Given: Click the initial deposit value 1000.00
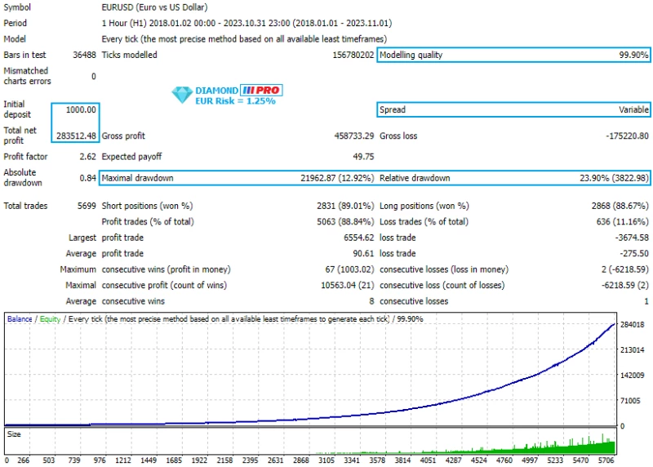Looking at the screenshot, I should point(80,109).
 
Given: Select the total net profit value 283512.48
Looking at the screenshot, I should point(76,136).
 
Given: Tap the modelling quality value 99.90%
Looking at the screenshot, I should point(631,56).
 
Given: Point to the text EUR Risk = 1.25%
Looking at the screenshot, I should point(235,101).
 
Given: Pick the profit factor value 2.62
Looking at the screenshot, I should point(87,157).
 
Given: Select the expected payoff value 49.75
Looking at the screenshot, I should point(363,157).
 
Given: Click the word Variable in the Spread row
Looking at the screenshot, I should point(633,109).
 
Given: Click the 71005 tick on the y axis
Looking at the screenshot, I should point(631,400).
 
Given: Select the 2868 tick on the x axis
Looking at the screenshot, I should point(301,460).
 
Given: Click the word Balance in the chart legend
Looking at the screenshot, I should point(20,319).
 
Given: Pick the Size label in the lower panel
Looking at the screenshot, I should point(15,435).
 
